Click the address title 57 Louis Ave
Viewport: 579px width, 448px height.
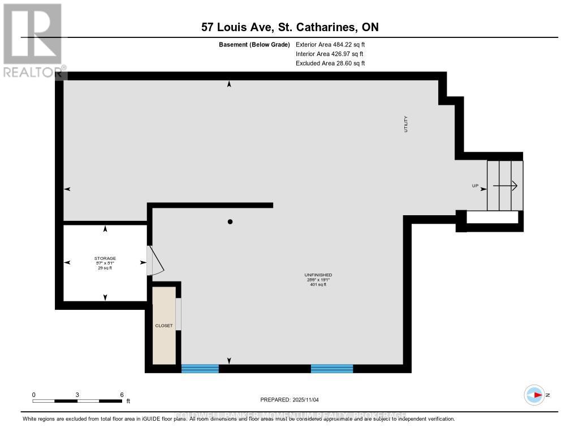click(290, 27)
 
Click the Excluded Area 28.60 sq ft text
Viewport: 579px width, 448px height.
click(330, 63)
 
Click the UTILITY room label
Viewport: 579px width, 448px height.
click(405, 124)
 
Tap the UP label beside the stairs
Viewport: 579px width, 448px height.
click(476, 186)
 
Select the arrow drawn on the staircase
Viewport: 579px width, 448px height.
click(505, 185)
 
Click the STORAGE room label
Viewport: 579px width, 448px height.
click(105, 258)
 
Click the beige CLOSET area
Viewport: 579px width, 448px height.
click(164, 326)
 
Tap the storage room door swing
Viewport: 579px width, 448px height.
click(155, 261)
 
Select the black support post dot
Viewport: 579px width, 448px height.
click(230, 221)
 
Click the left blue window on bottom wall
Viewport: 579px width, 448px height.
click(200, 369)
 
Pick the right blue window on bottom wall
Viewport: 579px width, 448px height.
click(332, 369)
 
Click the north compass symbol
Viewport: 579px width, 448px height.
click(534, 395)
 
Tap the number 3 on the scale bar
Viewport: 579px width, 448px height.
click(77, 394)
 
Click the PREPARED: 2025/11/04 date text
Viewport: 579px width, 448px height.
click(289, 400)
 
